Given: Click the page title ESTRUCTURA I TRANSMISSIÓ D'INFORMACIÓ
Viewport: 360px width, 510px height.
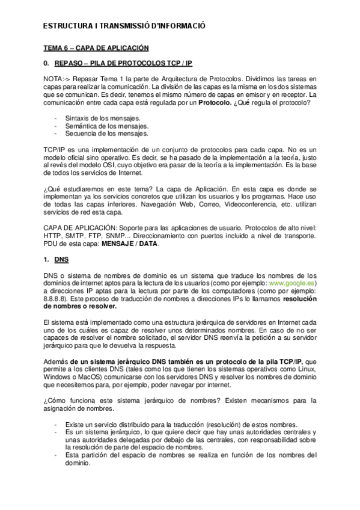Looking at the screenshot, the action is (125, 26).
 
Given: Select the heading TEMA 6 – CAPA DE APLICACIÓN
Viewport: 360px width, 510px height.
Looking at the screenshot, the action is (96, 48).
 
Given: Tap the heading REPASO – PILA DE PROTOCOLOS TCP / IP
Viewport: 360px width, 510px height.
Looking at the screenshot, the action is (123, 63).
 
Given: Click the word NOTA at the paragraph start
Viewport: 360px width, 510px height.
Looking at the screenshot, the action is (53, 79).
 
